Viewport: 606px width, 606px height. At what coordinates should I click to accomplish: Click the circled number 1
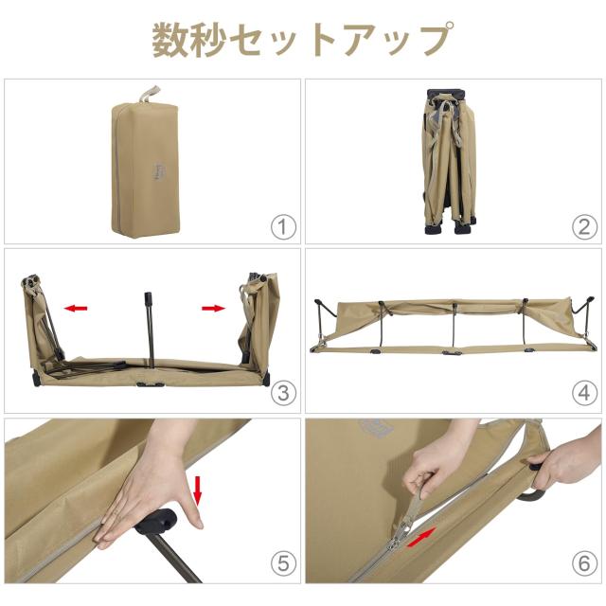click(x=283, y=226)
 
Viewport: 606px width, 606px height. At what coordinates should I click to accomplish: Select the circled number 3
click(x=283, y=392)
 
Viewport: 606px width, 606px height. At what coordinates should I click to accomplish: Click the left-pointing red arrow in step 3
click(x=76, y=307)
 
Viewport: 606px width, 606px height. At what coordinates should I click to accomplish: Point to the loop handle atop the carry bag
click(x=147, y=93)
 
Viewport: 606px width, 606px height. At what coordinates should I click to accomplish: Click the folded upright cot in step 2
click(x=442, y=161)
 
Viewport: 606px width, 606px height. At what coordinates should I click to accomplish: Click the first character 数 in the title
click(x=171, y=39)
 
